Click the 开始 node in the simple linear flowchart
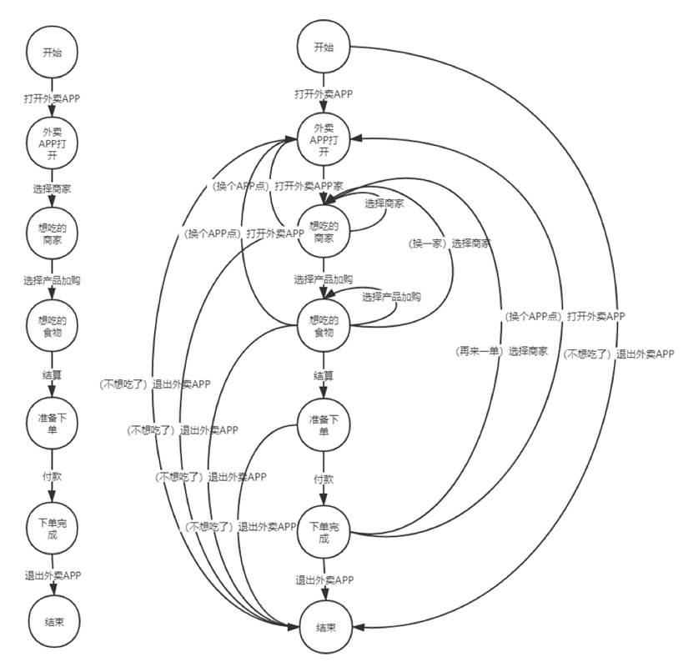[x=53, y=52]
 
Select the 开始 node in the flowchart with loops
[x=324, y=46]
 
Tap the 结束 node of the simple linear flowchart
[x=53, y=621]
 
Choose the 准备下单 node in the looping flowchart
[x=324, y=424]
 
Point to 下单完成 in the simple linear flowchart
[x=53, y=529]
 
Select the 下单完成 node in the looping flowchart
[x=324, y=532]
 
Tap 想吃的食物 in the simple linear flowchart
[x=53, y=328]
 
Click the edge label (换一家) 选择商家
[x=449, y=243]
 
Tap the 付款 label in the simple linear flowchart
[x=53, y=479]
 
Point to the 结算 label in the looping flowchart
[x=324, y=375]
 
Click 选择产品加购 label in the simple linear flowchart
[x=53, y=280]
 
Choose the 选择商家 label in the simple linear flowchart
[x=53, y=188]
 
